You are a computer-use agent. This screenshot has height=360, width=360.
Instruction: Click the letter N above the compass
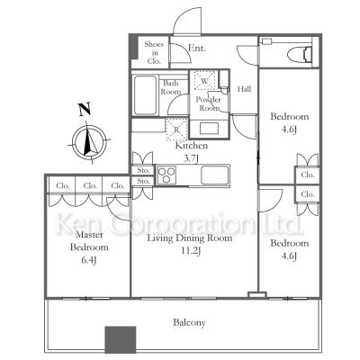coord(84,111)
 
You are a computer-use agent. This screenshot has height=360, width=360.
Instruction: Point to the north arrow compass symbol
coord(84,142)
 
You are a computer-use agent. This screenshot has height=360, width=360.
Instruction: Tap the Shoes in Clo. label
coord(155,53)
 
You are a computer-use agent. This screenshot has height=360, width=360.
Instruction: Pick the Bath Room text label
coord(172,87)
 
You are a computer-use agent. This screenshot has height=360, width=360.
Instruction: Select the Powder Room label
coord(209,103)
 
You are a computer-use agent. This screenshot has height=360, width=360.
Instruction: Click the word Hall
coord(245,90)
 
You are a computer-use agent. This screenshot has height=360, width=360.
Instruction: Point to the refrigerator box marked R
coord(177,130)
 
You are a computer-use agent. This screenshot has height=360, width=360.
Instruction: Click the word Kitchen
coord(192,145)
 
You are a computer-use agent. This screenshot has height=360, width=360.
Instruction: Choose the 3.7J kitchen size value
coord(192,157)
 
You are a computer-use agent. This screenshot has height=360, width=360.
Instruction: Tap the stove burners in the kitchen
coord(168,174)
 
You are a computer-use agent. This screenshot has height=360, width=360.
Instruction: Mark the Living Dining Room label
coord(191,238)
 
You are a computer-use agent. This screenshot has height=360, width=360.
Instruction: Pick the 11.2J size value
coord(191,251)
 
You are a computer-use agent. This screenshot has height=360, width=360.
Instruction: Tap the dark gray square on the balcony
coord(121,340)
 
